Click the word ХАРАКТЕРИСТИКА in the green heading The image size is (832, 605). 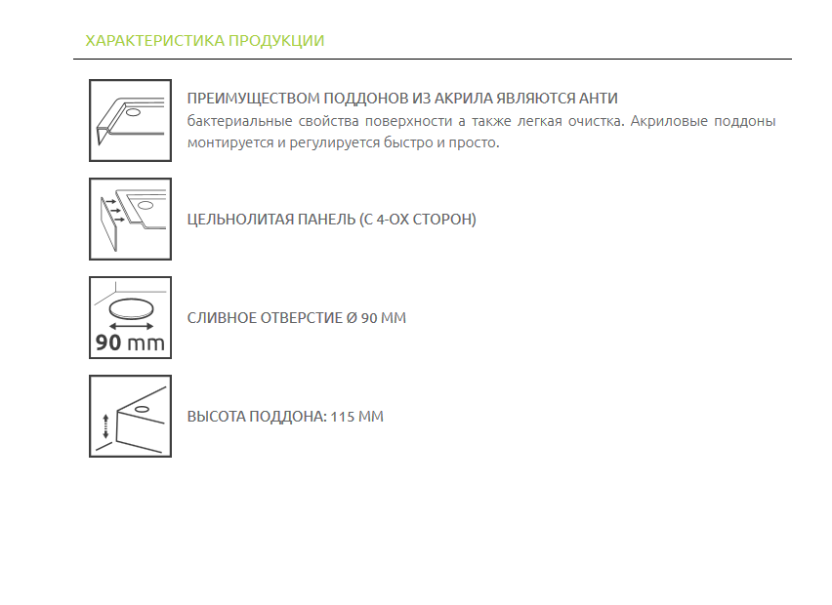tap(155, 41)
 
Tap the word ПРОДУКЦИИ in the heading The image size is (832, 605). tap(276, 41)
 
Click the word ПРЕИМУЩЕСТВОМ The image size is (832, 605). tap(253, 99)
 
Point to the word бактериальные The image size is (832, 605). tap(240, 121)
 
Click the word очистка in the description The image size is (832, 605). tap(597, 121)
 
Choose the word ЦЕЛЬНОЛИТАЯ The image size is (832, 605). tap(240, 219)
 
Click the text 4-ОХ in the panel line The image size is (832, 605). tap(393, 219)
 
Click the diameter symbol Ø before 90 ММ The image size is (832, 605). tap(352, 317)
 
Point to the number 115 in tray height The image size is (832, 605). tap(342, 417)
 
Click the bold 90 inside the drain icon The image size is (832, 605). tap(108, 343)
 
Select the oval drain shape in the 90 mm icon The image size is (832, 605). tap(131, 308)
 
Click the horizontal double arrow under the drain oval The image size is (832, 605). tap(131, 326)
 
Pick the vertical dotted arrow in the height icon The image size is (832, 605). tap(105, 426)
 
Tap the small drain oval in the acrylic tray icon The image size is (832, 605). tap(133, 112)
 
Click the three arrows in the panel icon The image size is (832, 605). tap(115, 211)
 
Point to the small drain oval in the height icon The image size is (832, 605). tap(142, 409)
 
